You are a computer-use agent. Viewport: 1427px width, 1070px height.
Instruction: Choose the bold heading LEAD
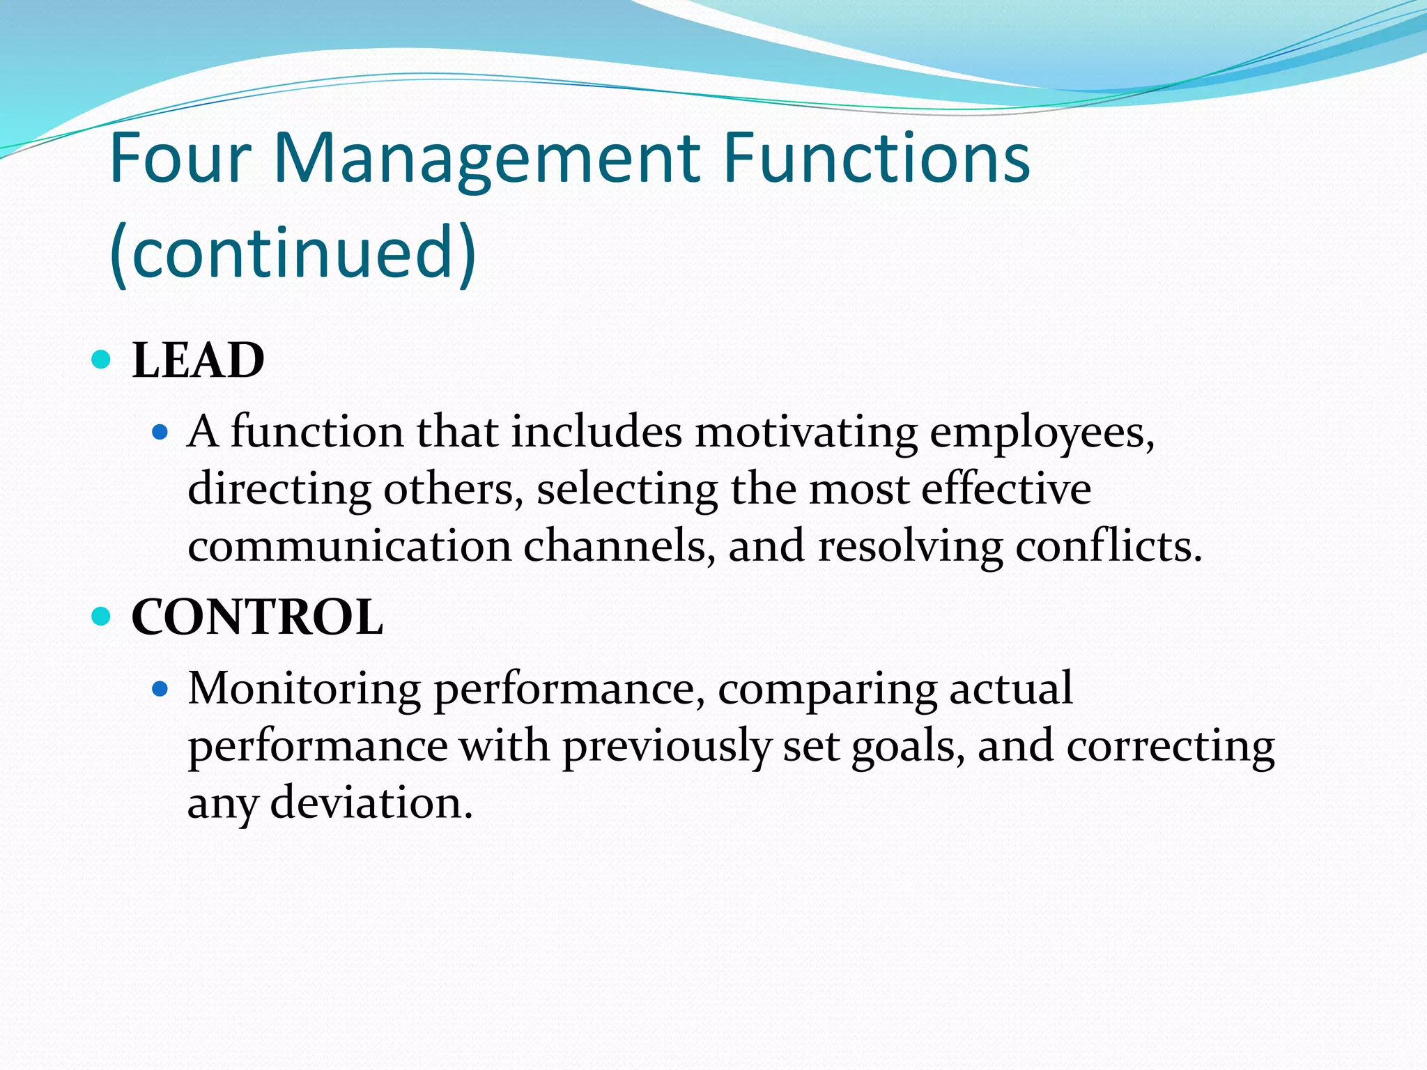pyautogui.click(x=199, y=361)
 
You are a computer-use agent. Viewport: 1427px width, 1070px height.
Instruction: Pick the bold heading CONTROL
pyautogui.click(x=257, y=618)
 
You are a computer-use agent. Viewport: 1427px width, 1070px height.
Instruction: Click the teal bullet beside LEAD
pyautogui.click(x=102, y=360)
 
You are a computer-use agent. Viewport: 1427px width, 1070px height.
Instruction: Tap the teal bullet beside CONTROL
pyautogui.click(x=102, y=617)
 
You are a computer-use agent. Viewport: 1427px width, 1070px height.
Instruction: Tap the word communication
pyautogui.click(x=349, y=547)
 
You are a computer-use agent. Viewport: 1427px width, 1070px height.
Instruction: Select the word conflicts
pyautogui.click(x=1108, y=547)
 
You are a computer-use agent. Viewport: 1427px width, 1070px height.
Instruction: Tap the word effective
pyautogui.click(x=1005, y=490)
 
